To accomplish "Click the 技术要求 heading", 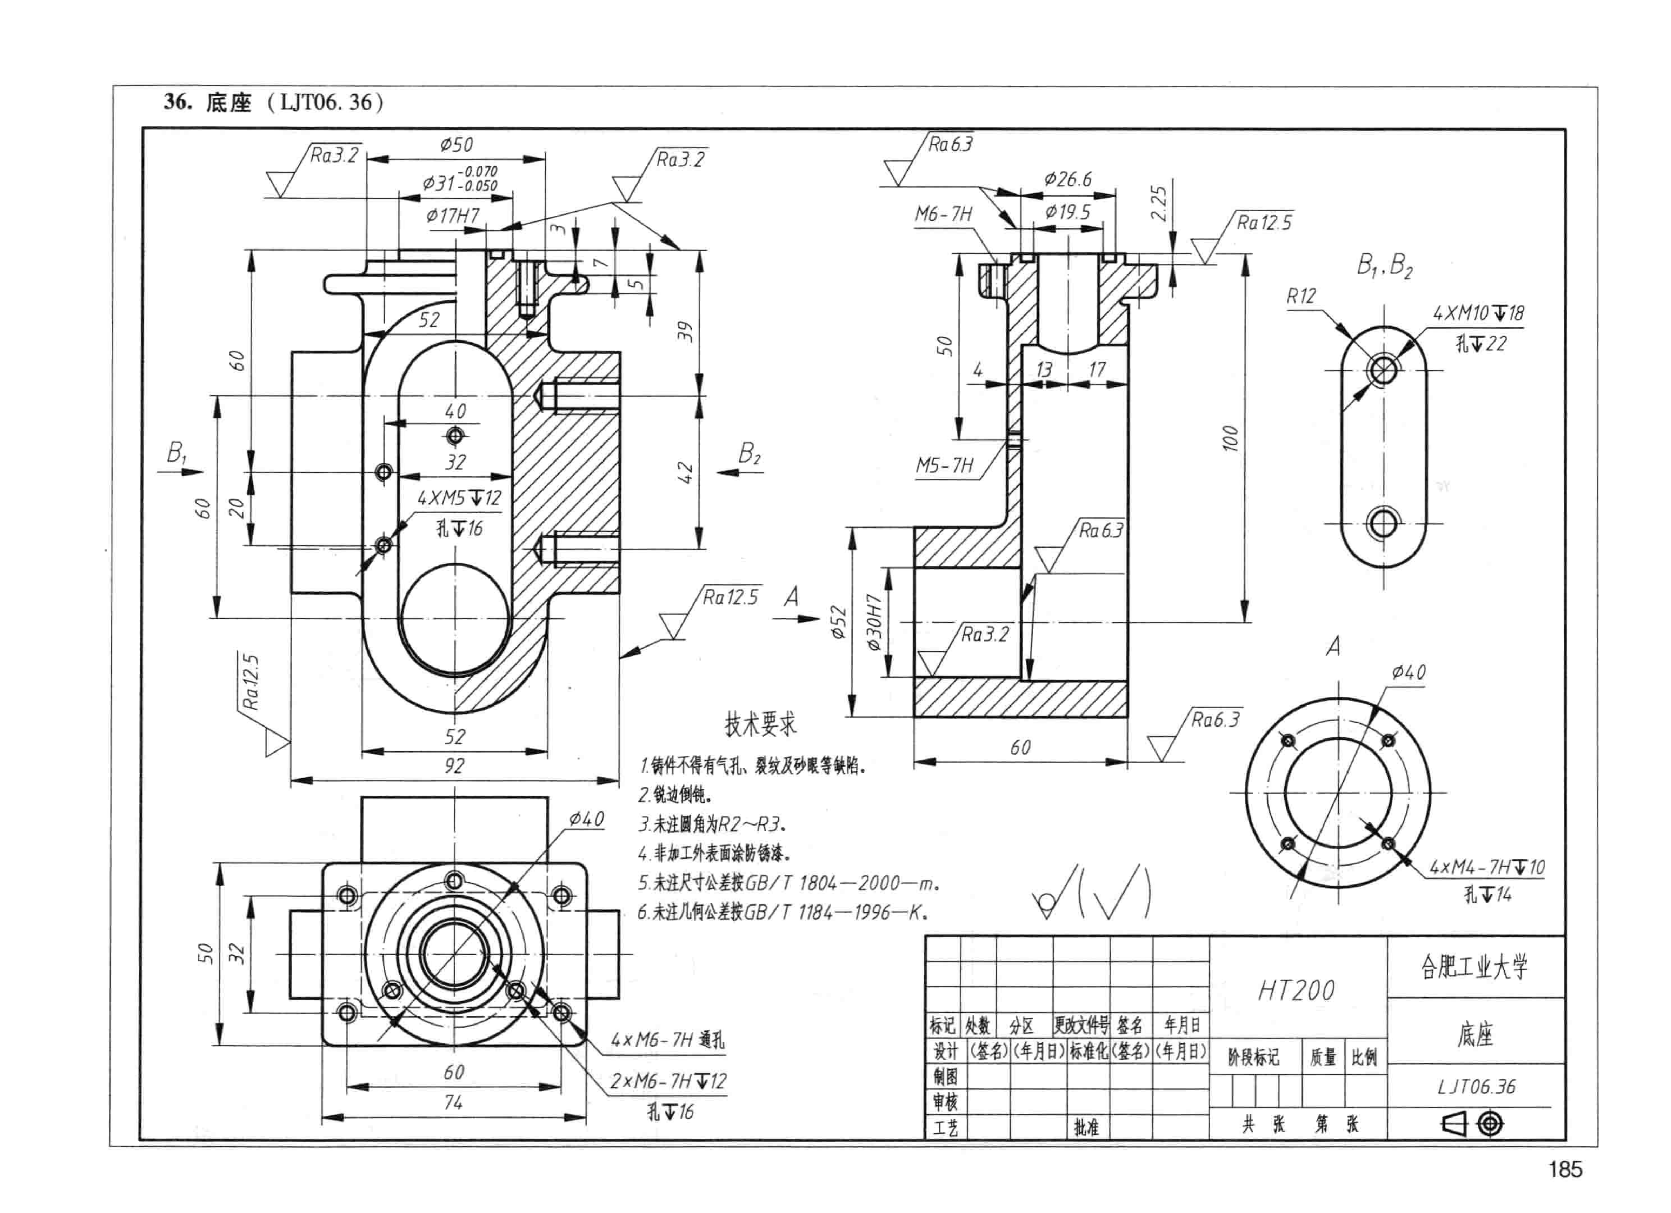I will pos(760,724).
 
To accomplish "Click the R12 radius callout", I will pos(1301,296).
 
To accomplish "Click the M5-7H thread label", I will pos(944,466).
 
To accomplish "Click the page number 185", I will pos(1565,1169).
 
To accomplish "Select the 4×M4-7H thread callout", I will pos(1487,867).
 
